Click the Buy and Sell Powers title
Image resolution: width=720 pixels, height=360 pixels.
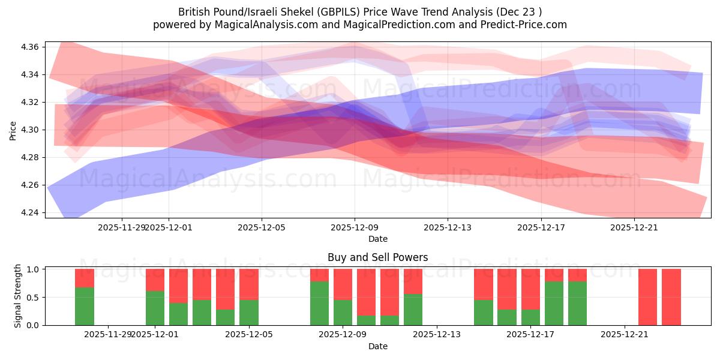click(377, 257)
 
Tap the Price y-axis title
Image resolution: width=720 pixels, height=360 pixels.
click(13, 130)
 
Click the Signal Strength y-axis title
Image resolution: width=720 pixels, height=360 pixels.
click(18, 296)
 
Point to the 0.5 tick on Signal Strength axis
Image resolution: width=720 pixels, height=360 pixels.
click(35, 297)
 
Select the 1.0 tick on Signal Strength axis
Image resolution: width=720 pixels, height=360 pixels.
click(35, 269)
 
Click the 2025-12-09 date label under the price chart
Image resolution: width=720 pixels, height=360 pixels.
click(355, 227)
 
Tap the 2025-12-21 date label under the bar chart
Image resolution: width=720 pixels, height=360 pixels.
click(625, 335)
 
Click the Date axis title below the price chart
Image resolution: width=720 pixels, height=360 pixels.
click(377, 239)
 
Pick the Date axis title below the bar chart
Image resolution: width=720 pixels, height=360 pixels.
click(377, 346)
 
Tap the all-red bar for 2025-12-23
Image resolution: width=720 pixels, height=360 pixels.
click(671, 297)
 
